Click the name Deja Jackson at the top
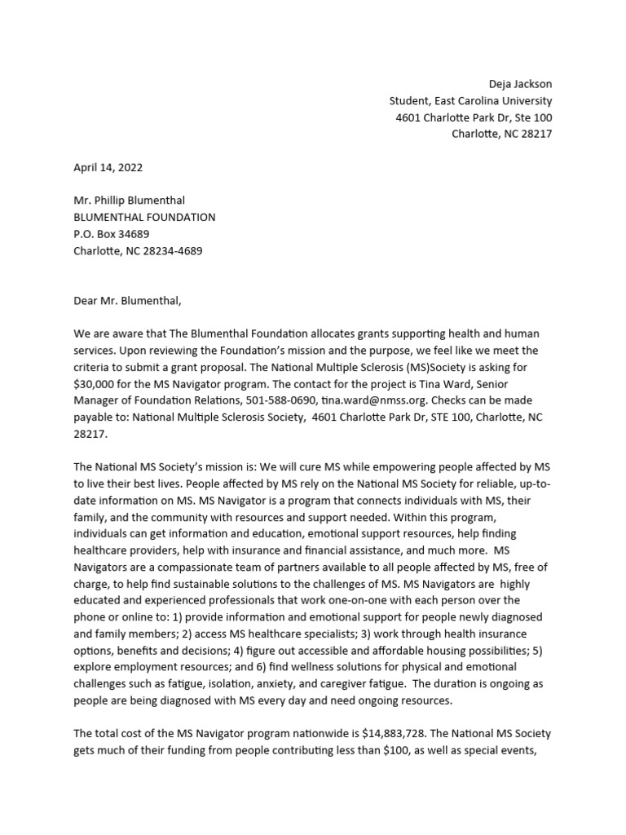point(519,84)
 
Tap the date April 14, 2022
point(108,167)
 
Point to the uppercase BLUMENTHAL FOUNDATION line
point(144,218)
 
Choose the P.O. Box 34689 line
point(112,234)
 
